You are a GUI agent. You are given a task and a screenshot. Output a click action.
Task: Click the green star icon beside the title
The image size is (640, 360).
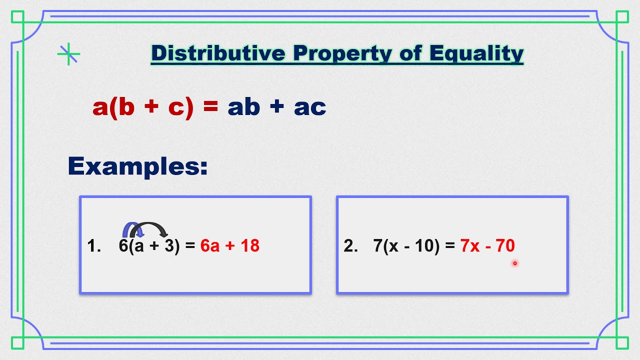(68, 54)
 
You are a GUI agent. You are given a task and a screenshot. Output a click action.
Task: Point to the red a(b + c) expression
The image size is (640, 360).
(143, 106)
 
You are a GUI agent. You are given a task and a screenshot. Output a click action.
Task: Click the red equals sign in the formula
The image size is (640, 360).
(210, 106)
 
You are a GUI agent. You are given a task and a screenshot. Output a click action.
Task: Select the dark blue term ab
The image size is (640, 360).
(244, 106)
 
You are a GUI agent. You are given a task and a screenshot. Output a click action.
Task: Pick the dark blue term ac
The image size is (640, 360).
(310, 106)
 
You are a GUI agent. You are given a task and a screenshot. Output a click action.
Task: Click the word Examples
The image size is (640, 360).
(137, 166)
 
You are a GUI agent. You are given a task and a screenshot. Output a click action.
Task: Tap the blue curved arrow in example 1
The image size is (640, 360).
(131, 230)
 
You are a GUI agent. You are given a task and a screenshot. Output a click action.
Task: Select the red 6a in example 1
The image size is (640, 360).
(210, 245)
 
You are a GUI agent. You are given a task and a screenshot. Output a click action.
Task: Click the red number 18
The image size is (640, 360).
(249, 245)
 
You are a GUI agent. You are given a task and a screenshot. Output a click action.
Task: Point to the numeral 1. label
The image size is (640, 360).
(94, 245)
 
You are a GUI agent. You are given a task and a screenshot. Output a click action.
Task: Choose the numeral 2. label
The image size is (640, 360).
(351, 245)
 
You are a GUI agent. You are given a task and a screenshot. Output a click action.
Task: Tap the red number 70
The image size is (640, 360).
(505, 245)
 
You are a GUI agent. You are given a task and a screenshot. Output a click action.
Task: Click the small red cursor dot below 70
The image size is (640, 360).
(514, 263)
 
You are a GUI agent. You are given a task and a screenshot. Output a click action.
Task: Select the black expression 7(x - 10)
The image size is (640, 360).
(406, 245)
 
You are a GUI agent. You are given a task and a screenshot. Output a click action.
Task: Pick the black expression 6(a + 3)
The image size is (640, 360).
(149, 245)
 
